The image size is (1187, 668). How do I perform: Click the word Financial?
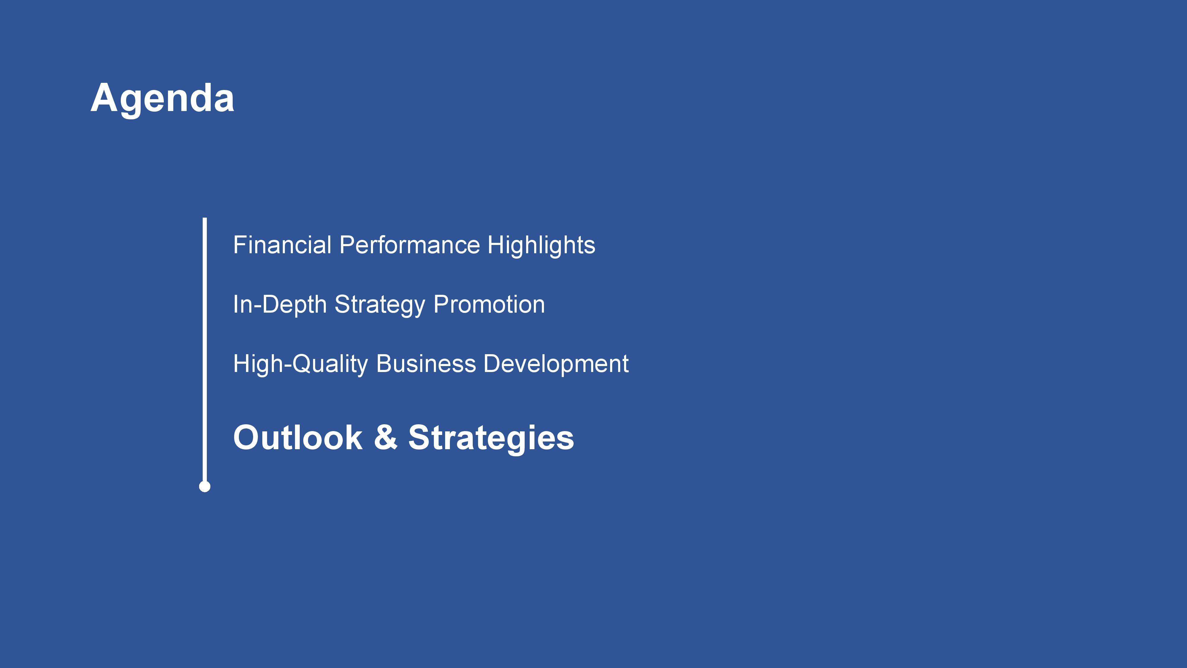point(282,245)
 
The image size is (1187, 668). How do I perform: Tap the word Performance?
point(409,245)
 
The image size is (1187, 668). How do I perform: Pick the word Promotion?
point(489,305)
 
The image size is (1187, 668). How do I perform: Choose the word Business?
point(426,364)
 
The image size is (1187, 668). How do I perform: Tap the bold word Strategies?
point(491,439)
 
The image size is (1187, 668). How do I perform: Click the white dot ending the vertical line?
point(204,486)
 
